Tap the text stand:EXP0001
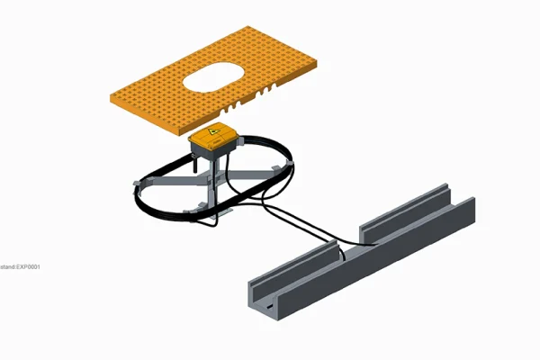pyautogui.click(x=20, y=267)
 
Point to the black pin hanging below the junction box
pyautogui.click(x=192, y=165)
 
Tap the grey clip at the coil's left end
pyautogui.click(x=136, y=184)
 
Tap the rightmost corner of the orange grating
pyautogui.click(x=318, y=60)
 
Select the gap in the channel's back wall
pyautogui.click(x=351, y=232)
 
